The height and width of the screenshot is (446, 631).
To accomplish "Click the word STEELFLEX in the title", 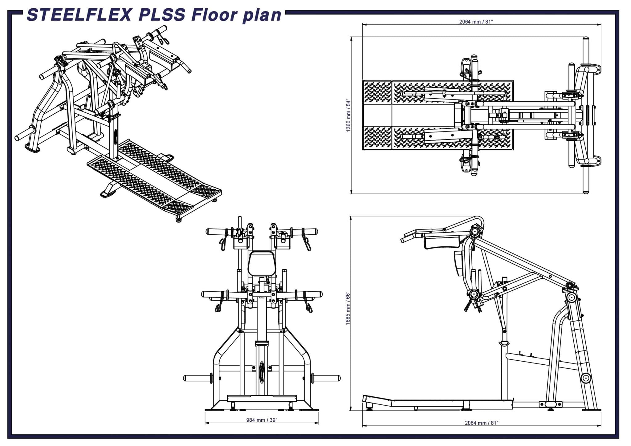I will tap(79, 15).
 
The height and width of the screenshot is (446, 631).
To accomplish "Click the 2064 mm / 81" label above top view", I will tap(476, 22).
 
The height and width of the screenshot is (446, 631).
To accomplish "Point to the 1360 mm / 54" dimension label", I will tap(348, 116).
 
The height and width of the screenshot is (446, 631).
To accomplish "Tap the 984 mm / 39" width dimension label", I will tap(262, 420).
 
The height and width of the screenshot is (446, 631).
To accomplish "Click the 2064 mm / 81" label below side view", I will tap(481, 423).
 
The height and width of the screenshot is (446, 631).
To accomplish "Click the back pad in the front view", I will tap(261, 263).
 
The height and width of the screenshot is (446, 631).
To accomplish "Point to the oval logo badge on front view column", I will tap(262, 372).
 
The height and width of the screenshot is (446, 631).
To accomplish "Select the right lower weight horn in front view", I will tap(327, 378).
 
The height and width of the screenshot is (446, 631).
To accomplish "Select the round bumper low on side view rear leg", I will tap(585, 378).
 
